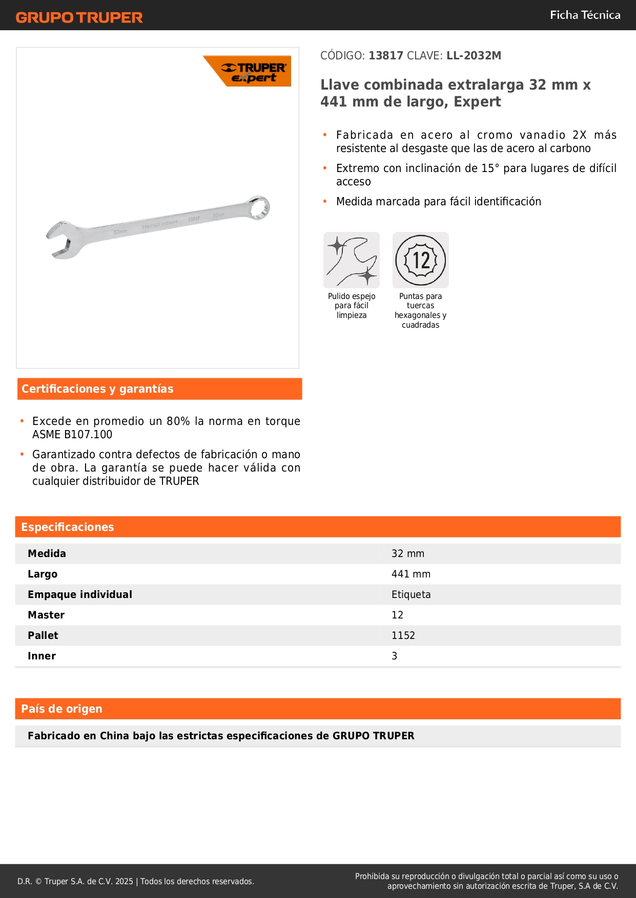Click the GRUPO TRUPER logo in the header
tap(79, 17)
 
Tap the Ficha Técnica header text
tap(585, 15)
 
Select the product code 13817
tap(386, 56)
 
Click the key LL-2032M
tap(474, 56)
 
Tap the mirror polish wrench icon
tap(352, 260)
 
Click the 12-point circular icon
tap(421, 260)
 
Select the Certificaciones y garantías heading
tap(97, 389)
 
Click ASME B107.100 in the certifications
tap(72, 435)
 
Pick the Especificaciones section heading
tap(68, 527)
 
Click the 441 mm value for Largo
tap(411, 574)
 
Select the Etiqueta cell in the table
tap(411, 595)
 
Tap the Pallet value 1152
tap(403, 636)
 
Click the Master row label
tap(46, 615)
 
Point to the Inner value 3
tap(395, 656)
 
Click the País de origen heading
tap(61, 709)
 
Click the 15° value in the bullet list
tap(490, 168)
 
